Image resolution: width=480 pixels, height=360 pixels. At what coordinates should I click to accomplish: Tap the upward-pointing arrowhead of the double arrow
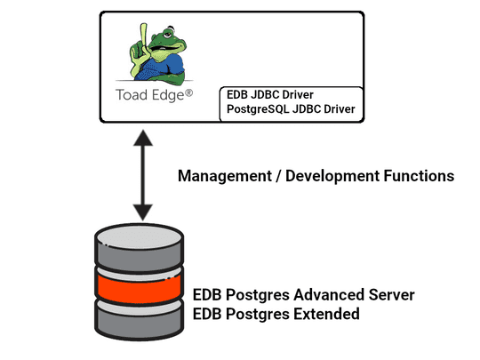coord(141,140)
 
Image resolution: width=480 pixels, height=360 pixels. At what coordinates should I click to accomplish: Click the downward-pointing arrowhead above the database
coord(141,211)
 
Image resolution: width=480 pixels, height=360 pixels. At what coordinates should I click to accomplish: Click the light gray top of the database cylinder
coord(141,238)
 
